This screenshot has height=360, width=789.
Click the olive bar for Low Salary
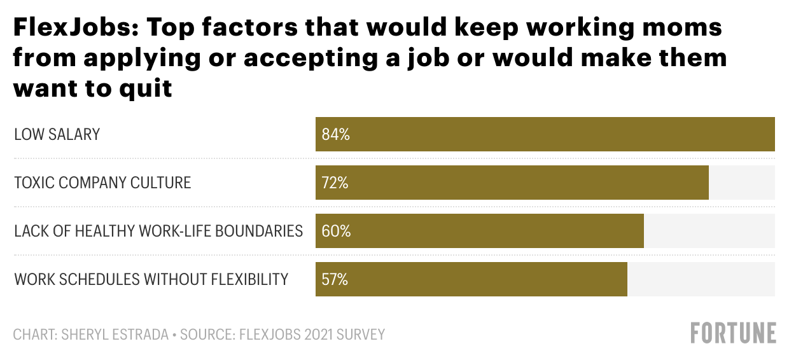click(545, 134)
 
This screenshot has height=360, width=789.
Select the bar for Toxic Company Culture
click(512, 183)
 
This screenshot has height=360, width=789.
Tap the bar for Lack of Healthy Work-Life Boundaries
click(479, 231)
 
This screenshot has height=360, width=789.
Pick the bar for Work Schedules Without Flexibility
click(471, 279)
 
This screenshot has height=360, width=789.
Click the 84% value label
click(336, 135)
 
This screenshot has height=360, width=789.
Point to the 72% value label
click(335, 183)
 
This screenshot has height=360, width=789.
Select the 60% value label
click(336, 232)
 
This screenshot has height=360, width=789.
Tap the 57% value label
click(335, 280)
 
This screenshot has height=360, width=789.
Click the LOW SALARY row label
click(57, 135)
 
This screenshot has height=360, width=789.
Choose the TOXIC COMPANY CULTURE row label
click(102, 183)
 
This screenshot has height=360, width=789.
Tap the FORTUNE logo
click(734, 333)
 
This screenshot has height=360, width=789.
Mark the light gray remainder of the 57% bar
click(701, 279)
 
